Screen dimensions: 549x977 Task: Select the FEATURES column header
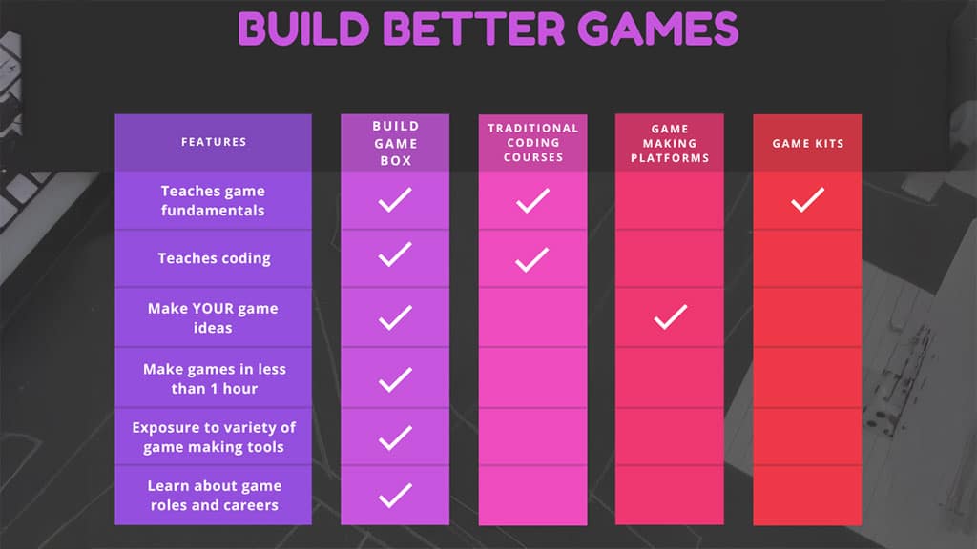(214, 142)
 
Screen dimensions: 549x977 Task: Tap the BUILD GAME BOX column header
(395, 143)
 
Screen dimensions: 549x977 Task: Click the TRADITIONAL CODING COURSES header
(532, 142)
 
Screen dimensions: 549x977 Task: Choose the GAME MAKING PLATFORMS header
(670, 143)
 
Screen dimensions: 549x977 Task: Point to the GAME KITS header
(807, 143)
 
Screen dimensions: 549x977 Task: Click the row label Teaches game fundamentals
(214, 201)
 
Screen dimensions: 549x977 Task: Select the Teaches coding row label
(214, 258)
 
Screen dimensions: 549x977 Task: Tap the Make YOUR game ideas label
(214, 318)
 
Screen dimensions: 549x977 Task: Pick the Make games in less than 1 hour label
(214, 378)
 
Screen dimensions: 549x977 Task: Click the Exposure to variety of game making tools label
(214, 437)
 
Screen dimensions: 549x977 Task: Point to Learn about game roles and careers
(214, 496)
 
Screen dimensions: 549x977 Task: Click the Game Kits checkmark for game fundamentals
(807, 200)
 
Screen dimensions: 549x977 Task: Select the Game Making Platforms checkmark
(670, 317)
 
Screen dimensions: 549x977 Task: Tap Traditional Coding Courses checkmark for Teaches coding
(532, 259)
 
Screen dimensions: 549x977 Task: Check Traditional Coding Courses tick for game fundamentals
(532, 200)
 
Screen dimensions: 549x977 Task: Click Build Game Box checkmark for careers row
(395, 496)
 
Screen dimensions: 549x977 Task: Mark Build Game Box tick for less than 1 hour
(395, 379)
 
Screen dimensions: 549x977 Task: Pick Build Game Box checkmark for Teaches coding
(395, 255)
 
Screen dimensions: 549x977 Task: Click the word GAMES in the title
(658, 29)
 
